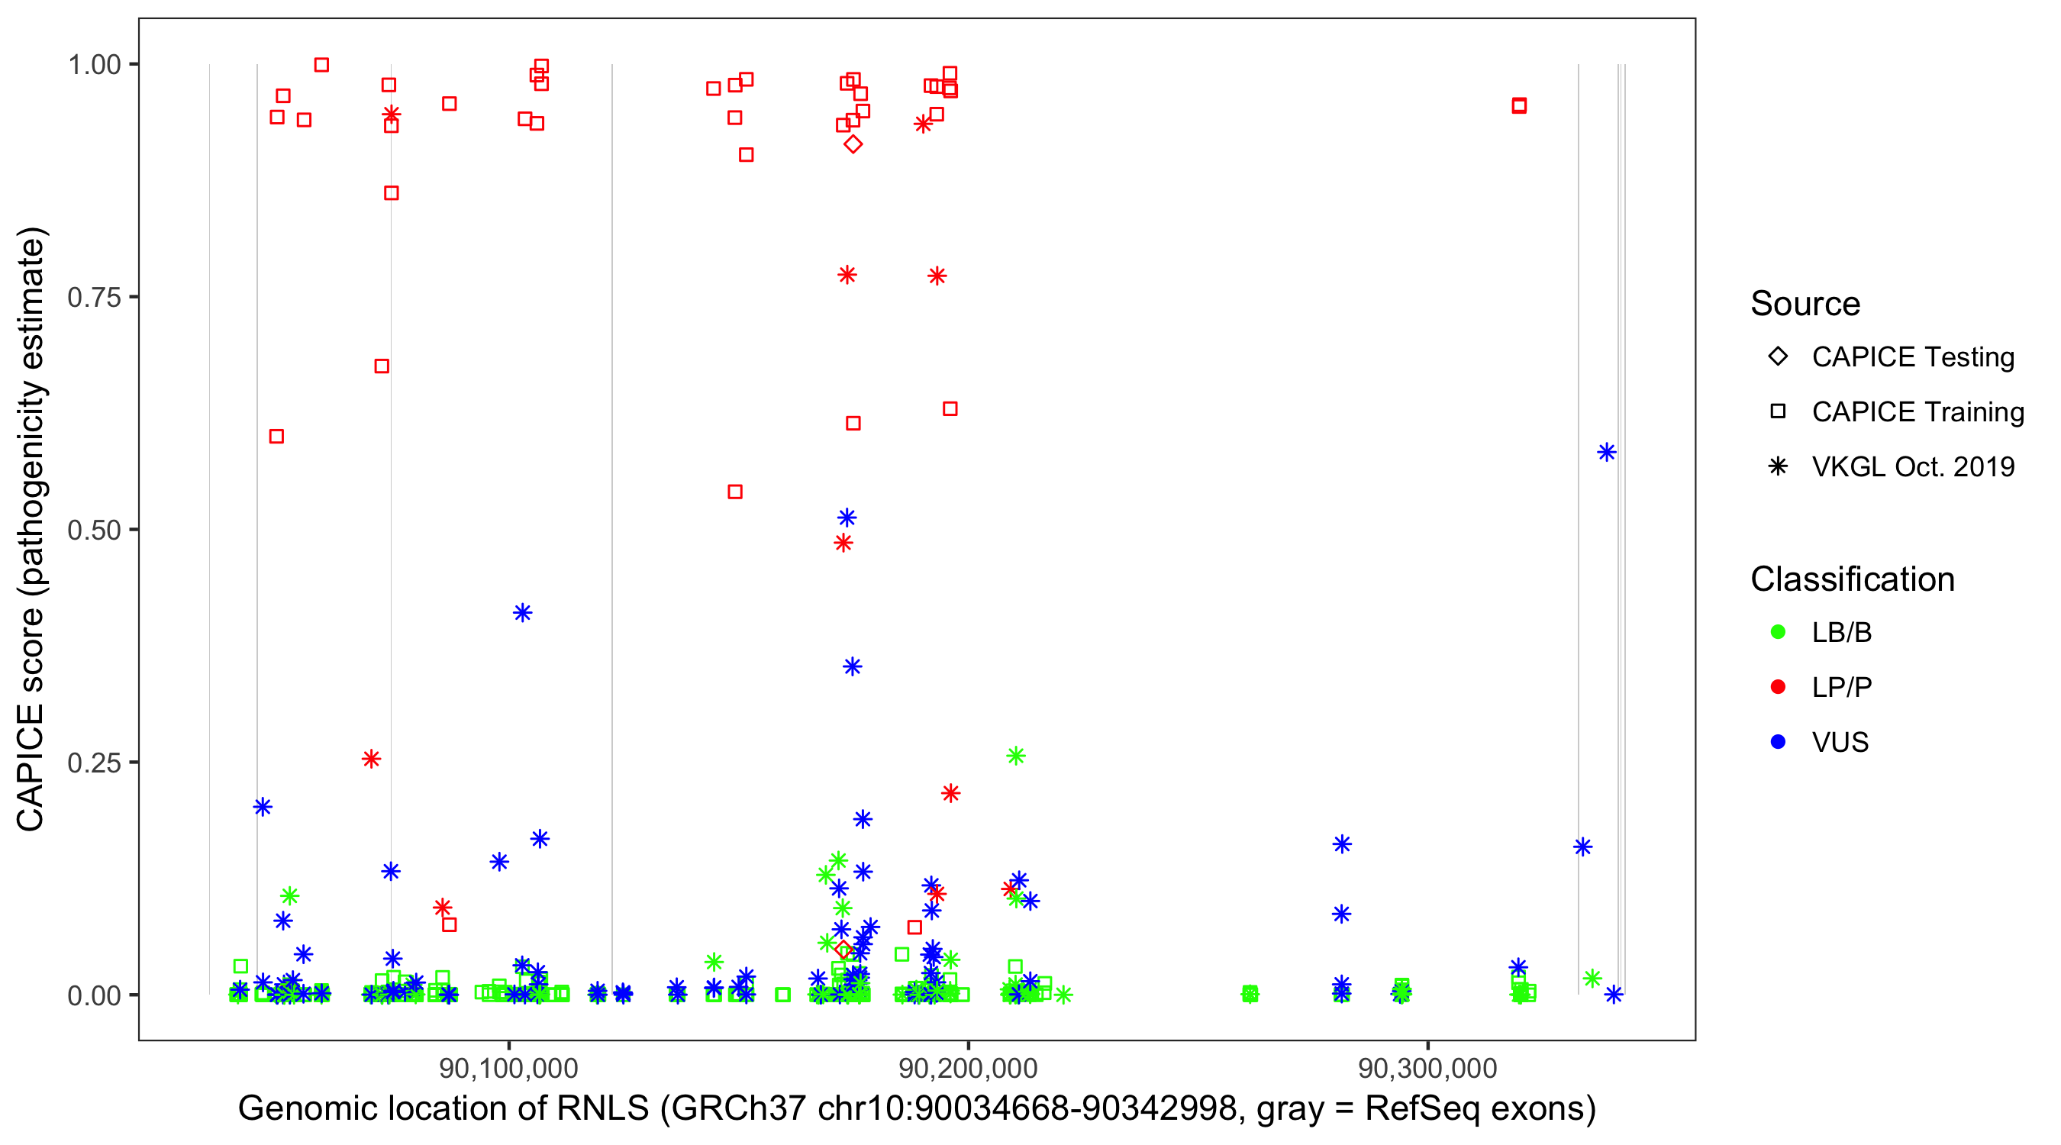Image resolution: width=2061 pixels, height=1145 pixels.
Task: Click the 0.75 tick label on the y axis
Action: (93, 297)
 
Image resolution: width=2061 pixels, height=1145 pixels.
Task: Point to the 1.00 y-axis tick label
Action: (93, 64)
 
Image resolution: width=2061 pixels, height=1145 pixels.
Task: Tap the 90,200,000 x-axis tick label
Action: (968, 1068)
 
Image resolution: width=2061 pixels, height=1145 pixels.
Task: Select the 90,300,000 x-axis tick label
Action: (1427, 1068)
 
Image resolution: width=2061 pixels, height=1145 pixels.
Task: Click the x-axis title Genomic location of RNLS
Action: (917, 1109)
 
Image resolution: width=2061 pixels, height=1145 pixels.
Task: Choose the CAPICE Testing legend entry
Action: (1912, 357)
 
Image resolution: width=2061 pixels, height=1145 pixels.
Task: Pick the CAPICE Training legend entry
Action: (1917, 412)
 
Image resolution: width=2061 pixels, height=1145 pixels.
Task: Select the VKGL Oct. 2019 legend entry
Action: (1912, 466)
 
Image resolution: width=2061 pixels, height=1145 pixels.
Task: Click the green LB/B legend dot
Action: (1778, 632)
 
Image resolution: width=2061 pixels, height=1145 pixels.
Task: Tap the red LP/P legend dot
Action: (1778, 687)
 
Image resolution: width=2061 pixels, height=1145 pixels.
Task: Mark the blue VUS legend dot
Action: (1778, 742)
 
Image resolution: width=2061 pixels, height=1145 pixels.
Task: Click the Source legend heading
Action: (1805, 303)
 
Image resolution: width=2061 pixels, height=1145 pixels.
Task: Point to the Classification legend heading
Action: (1852, 579)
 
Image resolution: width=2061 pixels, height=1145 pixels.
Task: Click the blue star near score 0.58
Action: (1606, 453)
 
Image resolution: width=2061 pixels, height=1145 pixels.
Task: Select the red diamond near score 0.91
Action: (853, 144)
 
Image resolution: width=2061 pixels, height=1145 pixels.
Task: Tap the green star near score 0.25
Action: (1015, 756)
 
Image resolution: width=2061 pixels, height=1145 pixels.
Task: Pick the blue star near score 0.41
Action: (522, 613)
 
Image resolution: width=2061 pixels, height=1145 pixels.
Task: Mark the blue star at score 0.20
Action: (263, 807)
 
